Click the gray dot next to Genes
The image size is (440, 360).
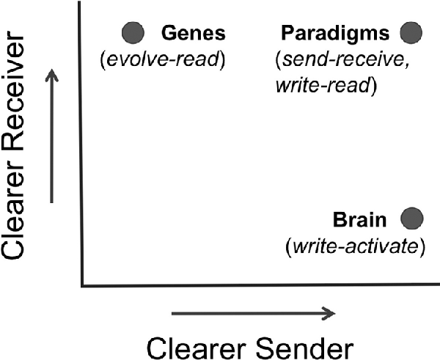tap(133, 32)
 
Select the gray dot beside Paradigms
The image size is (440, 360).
tap(411, 32)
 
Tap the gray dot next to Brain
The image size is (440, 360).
tap(412, 218)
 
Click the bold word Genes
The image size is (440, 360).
tap(194, 33)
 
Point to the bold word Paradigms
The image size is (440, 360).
tap(334, 33)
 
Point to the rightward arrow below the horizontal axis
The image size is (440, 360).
tap(252, 315)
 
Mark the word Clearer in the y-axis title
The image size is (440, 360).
tap(23, 220)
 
